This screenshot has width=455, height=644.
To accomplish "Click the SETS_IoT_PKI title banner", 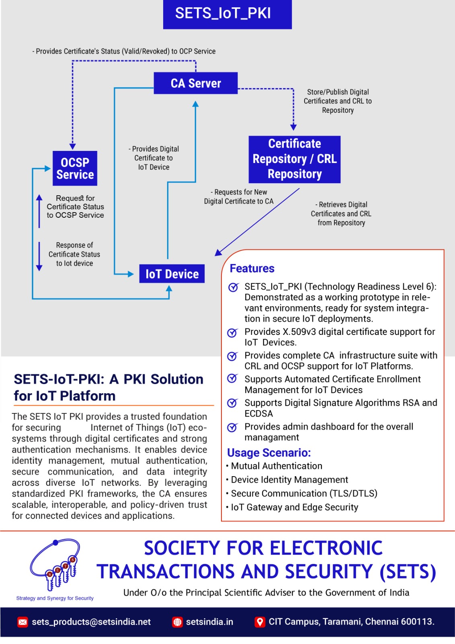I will (227, 14).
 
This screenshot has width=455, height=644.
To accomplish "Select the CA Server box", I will (196, 83).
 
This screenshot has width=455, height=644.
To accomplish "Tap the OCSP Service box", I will (75, 168).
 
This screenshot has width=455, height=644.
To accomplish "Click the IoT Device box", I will (172, 274).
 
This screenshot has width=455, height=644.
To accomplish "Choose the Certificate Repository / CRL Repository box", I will (295, 159).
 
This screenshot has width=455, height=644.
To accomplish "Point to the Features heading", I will (252, 268).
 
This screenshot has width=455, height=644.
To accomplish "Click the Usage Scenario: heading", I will (269, 453).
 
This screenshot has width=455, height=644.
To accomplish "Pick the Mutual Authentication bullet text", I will (277, 466).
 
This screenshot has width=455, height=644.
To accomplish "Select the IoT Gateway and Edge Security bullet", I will (294, 507).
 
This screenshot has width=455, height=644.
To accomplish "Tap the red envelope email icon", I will (23, 622).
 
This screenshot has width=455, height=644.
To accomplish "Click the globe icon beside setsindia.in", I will (177, 622).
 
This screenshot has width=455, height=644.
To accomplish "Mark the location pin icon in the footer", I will (260, 622).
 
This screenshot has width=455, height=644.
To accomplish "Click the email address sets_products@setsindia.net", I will (91, 622).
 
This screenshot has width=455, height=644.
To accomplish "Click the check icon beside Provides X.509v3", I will (232, 333).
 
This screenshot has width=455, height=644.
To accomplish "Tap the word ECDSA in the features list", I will (258, 414).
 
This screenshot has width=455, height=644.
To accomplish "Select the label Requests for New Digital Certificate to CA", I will (239, 197).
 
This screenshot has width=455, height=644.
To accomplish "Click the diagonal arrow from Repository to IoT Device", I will (257, 222).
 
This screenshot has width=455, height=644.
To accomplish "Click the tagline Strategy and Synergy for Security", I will (55, 599).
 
